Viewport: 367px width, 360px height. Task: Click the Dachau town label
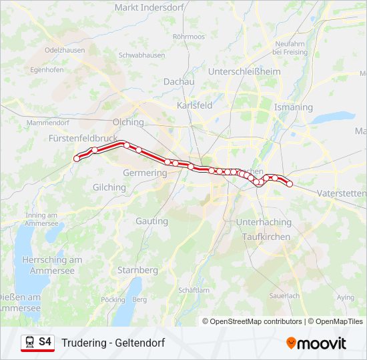(x=179, y=81)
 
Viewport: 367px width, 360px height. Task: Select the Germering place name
(x=145, y=173)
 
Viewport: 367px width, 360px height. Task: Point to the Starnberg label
(x=137, y=270)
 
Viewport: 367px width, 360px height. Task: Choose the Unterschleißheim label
(x=244, y=71)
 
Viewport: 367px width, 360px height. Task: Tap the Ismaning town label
(x=293, y=107)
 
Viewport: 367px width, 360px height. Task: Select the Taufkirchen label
(x=265, y=237)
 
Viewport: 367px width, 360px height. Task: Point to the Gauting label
(x=151, y=221)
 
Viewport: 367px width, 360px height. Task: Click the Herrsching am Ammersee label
(x=51, y=264)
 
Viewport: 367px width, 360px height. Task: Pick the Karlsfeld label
(x=195, y=105)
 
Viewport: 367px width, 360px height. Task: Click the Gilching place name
(x=109, y=187)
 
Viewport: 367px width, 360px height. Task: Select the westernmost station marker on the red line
(x=77, y=159)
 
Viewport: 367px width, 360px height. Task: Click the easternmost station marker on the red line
(x=290, y=184)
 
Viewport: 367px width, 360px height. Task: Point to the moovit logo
(x=316, y=343)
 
